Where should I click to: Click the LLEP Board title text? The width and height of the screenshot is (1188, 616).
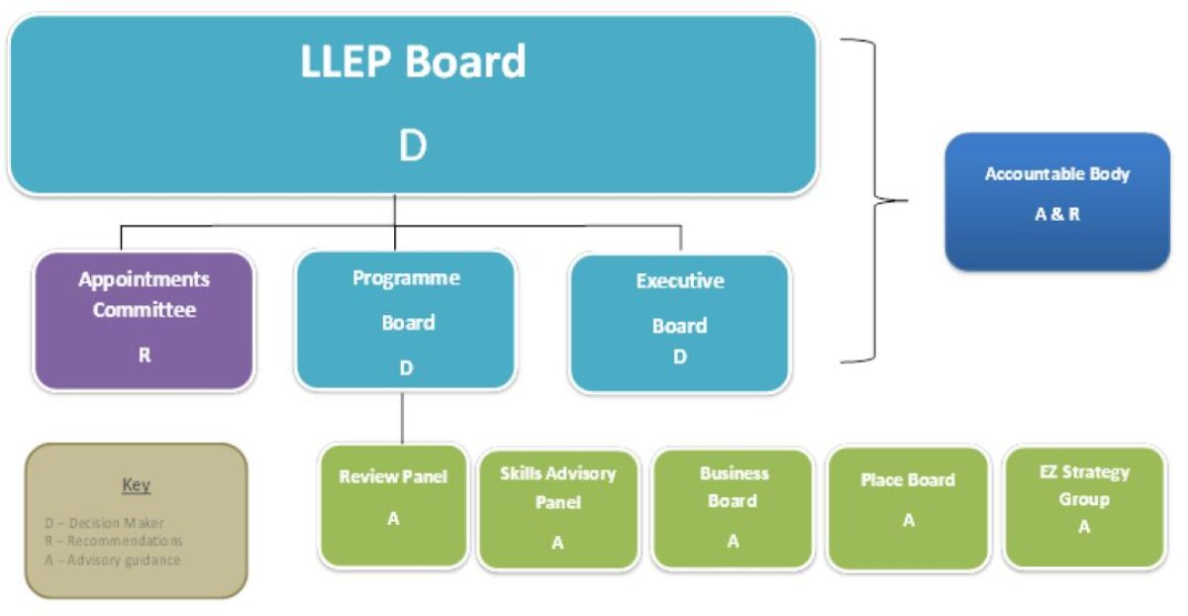click(x=413, y=61)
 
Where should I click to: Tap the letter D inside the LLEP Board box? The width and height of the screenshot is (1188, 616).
click(x=412, y=147)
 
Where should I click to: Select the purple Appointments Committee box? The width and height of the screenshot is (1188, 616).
click(x=144, y=320)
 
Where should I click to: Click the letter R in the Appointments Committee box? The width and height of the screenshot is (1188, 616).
click(x=145, y=354)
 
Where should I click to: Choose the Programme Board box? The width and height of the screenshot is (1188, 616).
click(x=406, y=320)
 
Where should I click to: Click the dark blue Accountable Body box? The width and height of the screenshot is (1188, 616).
click(x=1057, y=201)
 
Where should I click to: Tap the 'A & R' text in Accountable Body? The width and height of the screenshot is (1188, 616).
click(x=1057, y=214)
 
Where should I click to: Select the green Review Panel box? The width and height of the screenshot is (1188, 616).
click(x=393, y=505)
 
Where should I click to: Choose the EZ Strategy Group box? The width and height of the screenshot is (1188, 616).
click(x=1084, y=506)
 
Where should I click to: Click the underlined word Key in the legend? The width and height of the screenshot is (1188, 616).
click(x=136, y=485)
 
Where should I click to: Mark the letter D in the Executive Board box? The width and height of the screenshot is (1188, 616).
click(x=679, y=358)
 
